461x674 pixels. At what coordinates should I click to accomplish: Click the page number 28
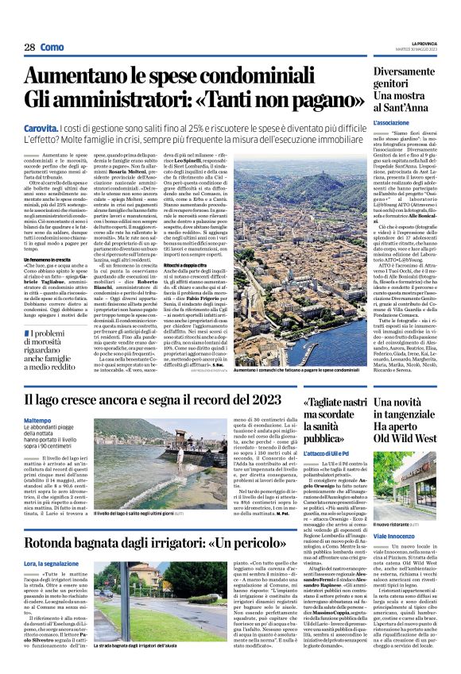29,48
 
